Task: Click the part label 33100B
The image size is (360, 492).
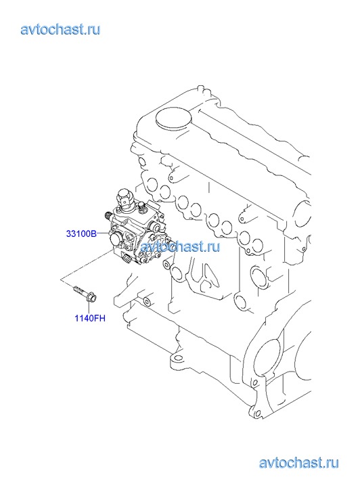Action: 81,233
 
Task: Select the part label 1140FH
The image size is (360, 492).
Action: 90,318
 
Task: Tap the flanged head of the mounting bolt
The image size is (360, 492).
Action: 92,297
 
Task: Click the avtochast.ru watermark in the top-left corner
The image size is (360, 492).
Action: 61,30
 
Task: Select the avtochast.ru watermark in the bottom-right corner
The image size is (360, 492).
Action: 299,463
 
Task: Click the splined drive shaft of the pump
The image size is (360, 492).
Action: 108,216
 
